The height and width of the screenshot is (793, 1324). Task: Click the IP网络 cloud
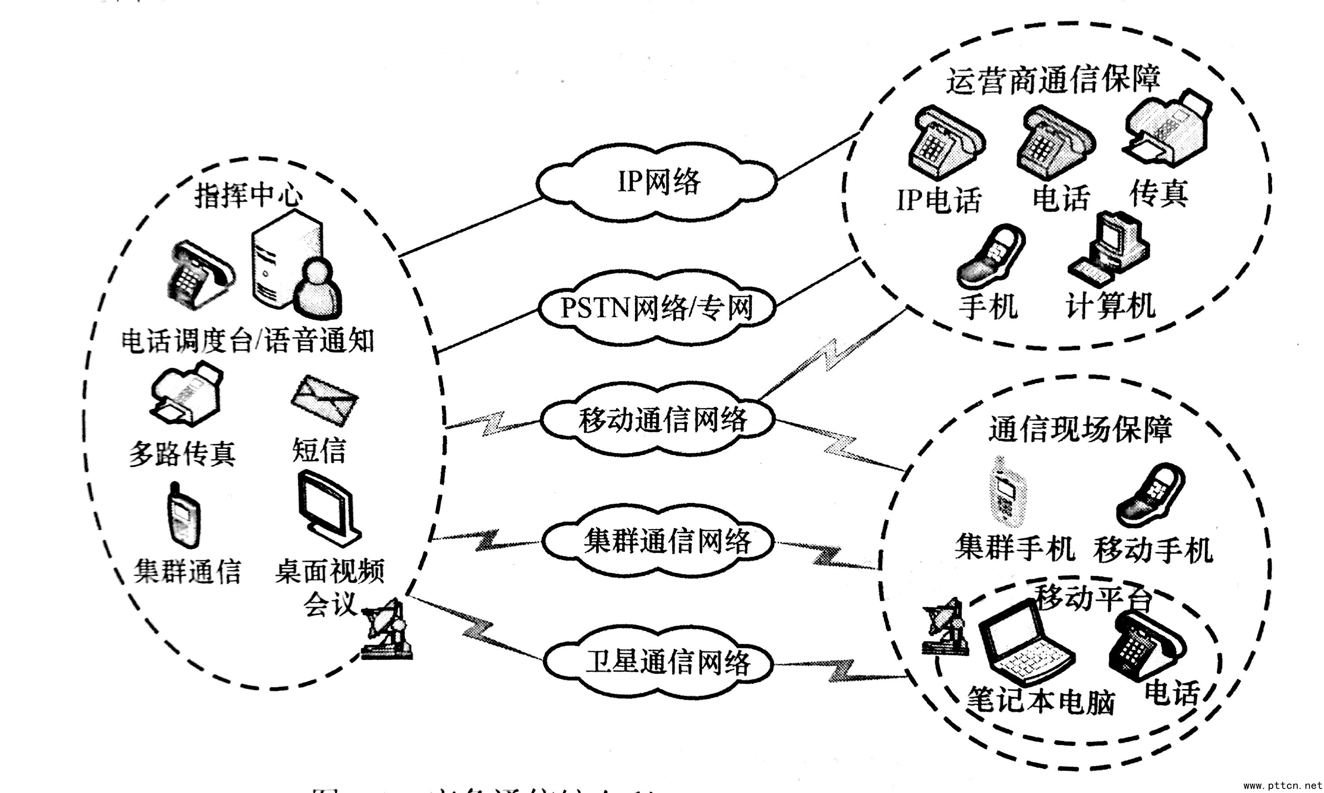tap(657, 182)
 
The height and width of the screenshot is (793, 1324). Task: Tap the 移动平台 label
tap(1093, 597)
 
